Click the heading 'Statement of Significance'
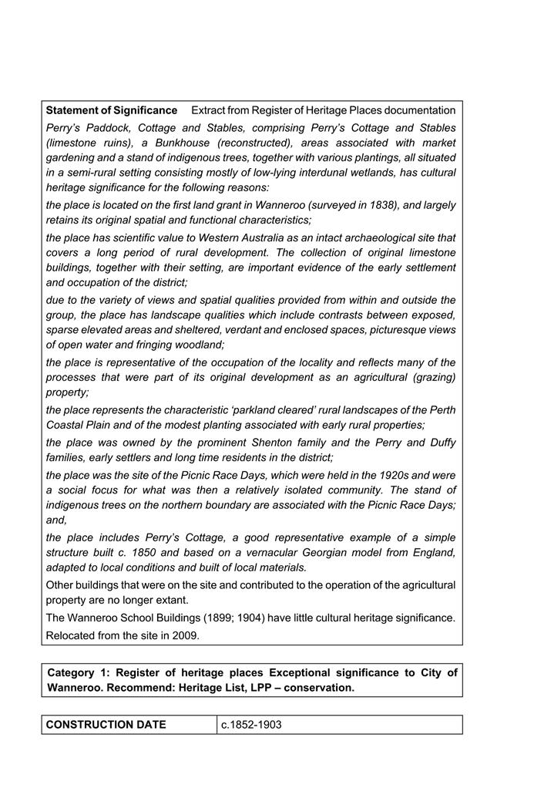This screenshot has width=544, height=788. pyautogui.click(x=112, y=110)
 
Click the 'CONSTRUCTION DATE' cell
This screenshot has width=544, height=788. pyautogui.click(x=106, y=725)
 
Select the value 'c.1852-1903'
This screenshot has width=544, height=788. pyautogui.click(x=251, y=725)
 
